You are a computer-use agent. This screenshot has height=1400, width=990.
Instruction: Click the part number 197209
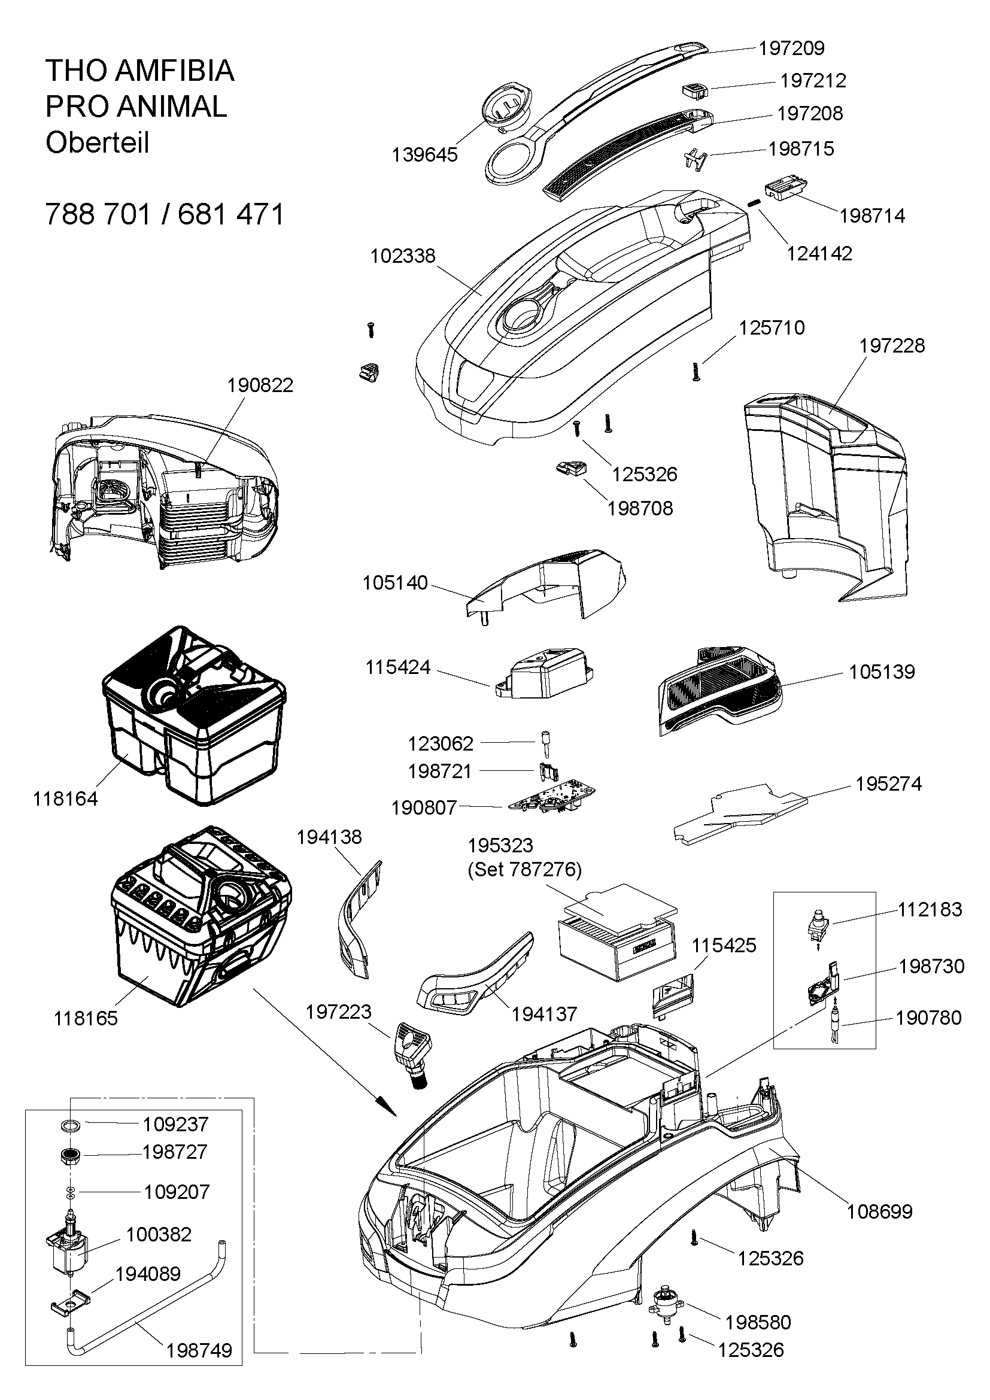click(791, 48)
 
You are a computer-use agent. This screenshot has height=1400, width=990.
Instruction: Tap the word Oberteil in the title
click(97, 143)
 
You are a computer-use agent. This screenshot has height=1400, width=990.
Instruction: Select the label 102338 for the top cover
click(403, 256)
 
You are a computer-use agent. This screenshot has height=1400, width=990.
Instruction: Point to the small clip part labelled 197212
click(694, 90)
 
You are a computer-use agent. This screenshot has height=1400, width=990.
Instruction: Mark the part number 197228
click(892, 346)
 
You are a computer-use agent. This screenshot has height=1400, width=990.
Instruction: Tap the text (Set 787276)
click(525, 870)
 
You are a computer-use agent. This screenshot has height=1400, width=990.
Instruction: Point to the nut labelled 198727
click(72, 1153)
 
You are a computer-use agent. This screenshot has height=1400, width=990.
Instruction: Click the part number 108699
click(879, 1211)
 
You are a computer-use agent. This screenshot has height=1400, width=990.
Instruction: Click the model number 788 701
click(98, 215)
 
